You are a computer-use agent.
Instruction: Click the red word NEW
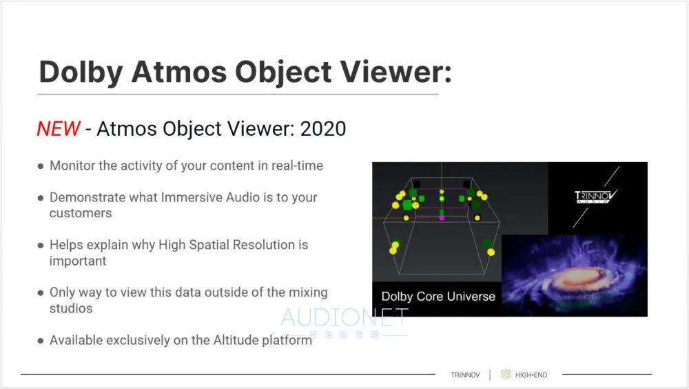[x=59, y=129]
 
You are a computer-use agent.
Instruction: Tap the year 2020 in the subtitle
[x=323, y=129]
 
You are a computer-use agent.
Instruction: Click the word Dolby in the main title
[x=81, y=72]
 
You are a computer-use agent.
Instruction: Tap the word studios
[x=71, y=308]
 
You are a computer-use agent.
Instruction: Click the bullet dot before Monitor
[x=41, y=166]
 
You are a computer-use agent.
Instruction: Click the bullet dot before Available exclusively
[x=41, y=341]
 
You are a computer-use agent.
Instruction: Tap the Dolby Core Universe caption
[x=438, y=297]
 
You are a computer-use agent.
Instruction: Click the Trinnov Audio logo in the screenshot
[x=595, y=197]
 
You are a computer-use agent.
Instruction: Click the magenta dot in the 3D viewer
[x=442, y=218]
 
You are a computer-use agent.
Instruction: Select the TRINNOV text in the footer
[x=465, y=375]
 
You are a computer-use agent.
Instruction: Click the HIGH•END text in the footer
[x=531, y=375]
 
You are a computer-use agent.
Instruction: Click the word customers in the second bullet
[x=81, y=213]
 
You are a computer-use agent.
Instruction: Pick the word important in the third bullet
[x=78, y=261]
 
